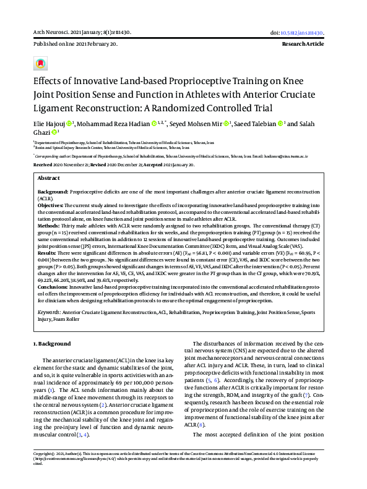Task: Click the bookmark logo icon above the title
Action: click(40, 64)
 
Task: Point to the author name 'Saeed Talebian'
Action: click(253, 124)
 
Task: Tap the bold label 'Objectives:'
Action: click(53, 205)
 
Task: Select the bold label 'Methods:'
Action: click(50, 226)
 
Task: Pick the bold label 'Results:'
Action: click(47, 253)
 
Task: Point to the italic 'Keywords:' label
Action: click(49, 313)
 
